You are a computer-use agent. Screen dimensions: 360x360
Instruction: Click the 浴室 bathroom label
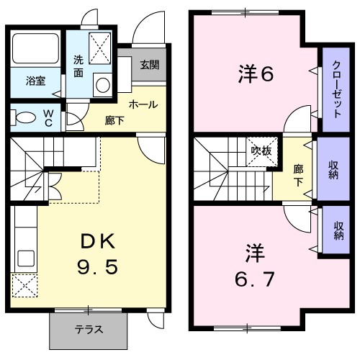(x=36, y=81)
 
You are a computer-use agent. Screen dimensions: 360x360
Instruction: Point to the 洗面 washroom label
(x=79, y=66)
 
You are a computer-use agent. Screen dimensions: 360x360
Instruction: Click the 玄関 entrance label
(x=150, y=66)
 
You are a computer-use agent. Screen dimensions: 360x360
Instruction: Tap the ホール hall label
(x=143, y=104)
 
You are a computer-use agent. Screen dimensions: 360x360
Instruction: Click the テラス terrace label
(x=89, y=330)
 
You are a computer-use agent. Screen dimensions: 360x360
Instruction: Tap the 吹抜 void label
(x=261, y=150)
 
